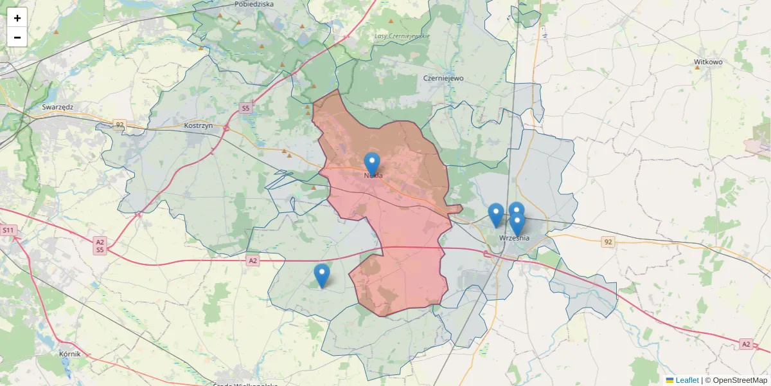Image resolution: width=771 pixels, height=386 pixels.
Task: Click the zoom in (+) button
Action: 17,18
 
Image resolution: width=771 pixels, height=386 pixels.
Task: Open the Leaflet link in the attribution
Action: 687,380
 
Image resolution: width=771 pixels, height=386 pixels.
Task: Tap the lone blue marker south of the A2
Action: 322,275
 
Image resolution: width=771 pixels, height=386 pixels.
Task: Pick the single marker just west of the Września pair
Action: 495,214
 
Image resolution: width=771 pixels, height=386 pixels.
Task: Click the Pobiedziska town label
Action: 254,4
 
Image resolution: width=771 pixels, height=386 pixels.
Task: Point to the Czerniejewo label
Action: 443,78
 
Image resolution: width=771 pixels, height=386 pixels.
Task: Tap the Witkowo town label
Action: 709,62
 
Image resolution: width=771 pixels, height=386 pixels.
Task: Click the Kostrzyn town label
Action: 198,125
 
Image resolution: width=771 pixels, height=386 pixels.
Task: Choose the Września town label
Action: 514,238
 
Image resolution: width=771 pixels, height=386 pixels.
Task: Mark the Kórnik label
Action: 69,354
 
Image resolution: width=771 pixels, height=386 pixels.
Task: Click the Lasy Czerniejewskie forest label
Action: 402,36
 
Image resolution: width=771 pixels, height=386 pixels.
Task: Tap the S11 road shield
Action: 8,230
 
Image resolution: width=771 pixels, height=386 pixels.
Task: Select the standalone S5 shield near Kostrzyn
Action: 245,108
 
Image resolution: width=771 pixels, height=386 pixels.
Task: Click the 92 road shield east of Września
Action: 608,242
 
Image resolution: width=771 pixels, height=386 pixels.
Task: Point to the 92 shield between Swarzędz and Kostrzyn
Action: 120,124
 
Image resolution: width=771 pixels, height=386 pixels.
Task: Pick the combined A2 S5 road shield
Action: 100,246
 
